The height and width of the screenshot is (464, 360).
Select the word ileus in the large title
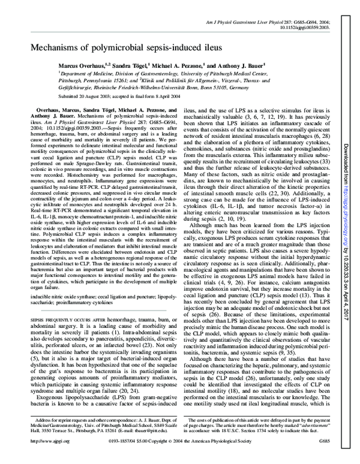coord(206,46)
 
